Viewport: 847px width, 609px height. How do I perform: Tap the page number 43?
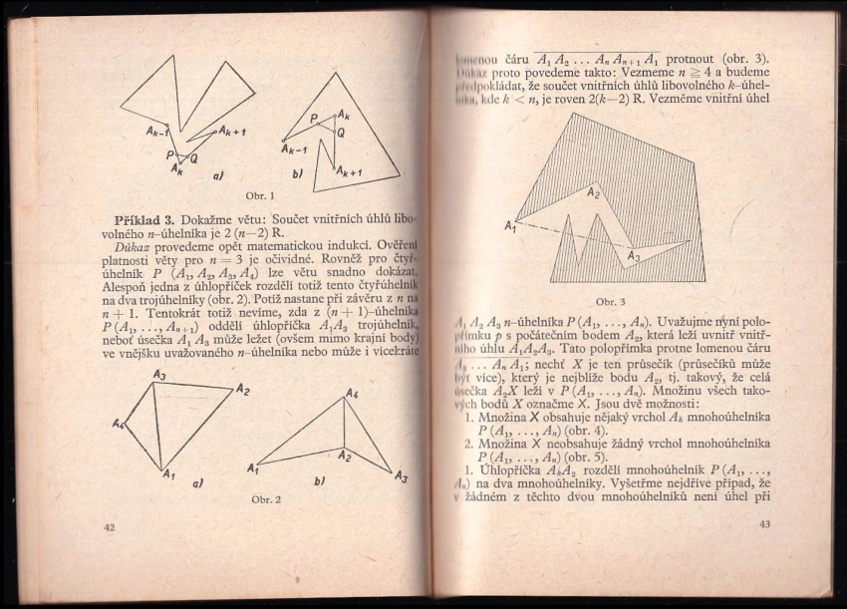click(x=764, y=524)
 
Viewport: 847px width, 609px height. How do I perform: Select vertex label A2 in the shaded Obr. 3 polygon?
click(x=593, y=191)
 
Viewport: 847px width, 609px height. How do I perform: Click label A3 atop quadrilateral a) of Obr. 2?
click(x=159, y=374)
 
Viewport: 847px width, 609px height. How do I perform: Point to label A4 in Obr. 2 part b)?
click(x=351, y=395)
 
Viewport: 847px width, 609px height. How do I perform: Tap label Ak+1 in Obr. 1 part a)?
click(x=232, y=132)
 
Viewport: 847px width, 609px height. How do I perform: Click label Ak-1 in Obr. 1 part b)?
click(x=294, y=151)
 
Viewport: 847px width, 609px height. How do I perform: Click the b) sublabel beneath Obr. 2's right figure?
click(x=318, y=480)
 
